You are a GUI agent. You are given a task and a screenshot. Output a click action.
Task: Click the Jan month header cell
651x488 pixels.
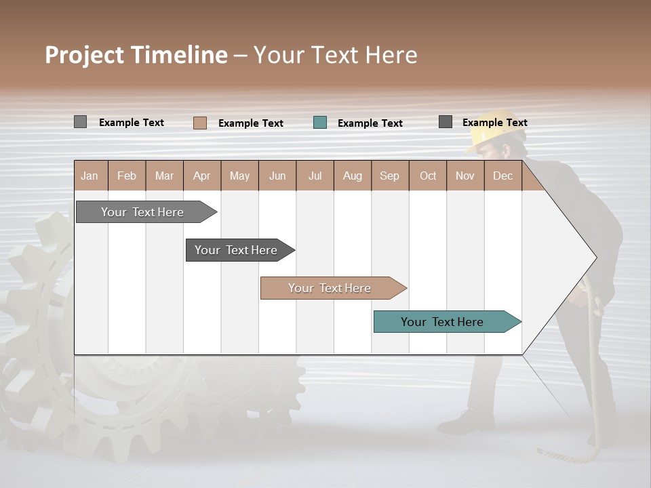pyautogui.click(x=90, y=176)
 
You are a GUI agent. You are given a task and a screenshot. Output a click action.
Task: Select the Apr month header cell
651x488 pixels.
pyautogui.click(x=202, y=176)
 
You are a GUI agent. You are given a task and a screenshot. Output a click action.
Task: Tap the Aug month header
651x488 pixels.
pyautogui.click(x=353, y=176)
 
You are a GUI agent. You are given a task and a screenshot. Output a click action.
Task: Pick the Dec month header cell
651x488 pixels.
pyautogui.click(x=503, y=176)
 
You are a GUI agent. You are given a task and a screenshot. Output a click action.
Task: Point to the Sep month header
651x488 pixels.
pyautogui.click(x=390, y=176)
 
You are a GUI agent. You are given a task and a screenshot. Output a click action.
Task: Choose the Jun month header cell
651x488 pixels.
pyautogui.click(x=277, y=176)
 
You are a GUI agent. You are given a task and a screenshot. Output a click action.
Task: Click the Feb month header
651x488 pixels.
pyautogui.click(x=127, y=176)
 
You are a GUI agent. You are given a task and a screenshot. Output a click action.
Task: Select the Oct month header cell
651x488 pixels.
pyautogui.click(x=428, y=176)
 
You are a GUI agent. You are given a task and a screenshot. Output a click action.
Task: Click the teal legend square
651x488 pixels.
pyautogui.click(x=320, y=123)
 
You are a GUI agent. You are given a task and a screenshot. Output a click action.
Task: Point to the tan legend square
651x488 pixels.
pyautogui.click(x=200, y=123)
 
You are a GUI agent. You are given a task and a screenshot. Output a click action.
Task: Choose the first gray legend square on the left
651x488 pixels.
pyautogui.click(x=81, y=122)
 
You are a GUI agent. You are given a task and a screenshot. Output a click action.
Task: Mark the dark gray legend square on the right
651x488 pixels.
pyautogui.click(x=446, y=122)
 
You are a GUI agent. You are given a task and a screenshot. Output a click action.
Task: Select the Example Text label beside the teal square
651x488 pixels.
pyautogui.click(x=370, y=123)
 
